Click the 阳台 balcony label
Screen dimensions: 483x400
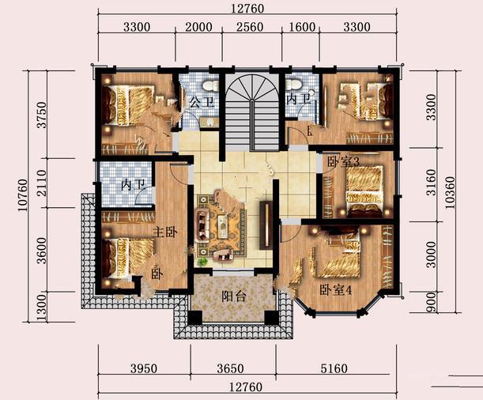tap(234, 296)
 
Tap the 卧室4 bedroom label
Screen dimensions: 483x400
tap(335, 290)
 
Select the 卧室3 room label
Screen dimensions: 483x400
tap(343, 162)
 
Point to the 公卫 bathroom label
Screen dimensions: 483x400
tap(202, 102)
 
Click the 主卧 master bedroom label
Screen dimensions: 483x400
tap(165, 232)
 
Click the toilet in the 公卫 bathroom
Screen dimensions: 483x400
tap(211, 85)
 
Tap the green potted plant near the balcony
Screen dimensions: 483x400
tap(202, 262)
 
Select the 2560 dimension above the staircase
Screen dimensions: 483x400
tap(250, 27)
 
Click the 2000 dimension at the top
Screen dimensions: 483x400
tap(198, 27)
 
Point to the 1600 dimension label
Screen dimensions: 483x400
tap(302, 27)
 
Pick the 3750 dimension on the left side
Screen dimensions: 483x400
tap(42, 115)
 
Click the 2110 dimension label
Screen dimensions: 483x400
tap(42, 183)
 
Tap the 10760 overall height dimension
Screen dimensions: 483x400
tap(23, 195)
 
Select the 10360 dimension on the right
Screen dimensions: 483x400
tap(450, 193)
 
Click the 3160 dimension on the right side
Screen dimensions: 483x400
tap(432, 183)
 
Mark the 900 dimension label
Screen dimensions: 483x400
tap(432, 302)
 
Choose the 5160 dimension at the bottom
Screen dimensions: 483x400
tap(334, 368)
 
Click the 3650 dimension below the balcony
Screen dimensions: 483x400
tap(230, 368)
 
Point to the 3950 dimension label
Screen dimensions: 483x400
tap(144, 368)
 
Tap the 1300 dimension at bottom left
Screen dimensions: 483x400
tap(42, 308)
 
